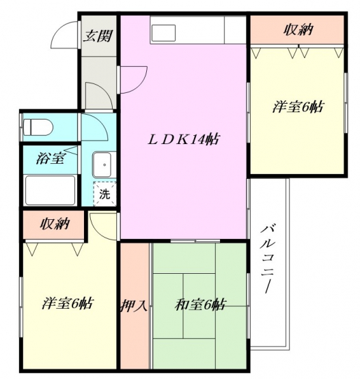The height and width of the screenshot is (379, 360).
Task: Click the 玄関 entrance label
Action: (98, 36)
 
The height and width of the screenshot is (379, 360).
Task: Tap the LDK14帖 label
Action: (184, 139)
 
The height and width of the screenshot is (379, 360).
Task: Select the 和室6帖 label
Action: (200, 305)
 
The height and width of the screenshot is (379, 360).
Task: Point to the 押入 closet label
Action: (134, 305)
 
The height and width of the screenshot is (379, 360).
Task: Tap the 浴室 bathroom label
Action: (51, 158)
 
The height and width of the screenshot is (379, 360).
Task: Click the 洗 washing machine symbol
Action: (105, 194)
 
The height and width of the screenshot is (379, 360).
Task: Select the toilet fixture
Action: (38, 127)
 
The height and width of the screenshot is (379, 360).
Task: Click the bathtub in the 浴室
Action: (51, 191)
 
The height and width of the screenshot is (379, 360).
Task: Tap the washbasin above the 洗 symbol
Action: (102, 165)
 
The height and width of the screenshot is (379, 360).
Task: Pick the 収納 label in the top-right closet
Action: (299, 30)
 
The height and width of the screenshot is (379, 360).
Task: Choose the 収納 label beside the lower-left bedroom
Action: (55, 223)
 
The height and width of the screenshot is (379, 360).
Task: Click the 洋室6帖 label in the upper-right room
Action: (298, 107)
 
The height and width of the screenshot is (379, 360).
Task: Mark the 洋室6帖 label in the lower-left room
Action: (68, 303)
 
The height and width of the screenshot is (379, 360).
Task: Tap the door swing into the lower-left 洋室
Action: (96, 231)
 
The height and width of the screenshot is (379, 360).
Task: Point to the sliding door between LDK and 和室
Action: (195, 241)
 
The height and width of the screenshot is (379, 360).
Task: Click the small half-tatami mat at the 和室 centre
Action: (199, 306)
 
